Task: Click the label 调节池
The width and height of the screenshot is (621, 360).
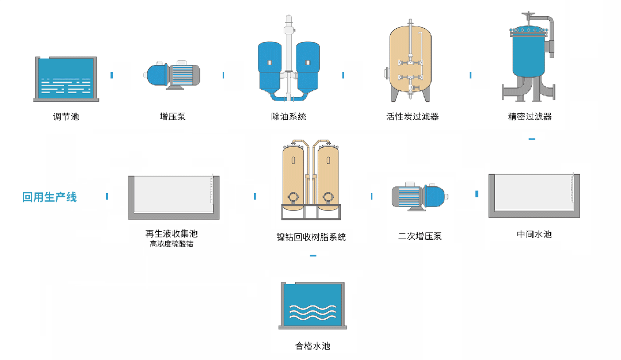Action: pos(66,117)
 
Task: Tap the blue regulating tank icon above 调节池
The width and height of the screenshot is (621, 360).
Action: pos(66,79)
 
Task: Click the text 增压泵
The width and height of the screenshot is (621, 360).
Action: pos(173,117)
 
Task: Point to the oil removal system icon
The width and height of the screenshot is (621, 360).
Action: pos(288,63)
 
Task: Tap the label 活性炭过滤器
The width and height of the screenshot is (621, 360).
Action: pos(412,117)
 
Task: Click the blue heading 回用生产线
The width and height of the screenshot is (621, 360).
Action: pos(49,197)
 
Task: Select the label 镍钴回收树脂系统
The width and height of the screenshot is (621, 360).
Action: pos(311,237)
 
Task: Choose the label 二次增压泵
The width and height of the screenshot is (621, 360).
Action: pos(420,236)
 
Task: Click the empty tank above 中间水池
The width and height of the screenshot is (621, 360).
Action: pos(534,196)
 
